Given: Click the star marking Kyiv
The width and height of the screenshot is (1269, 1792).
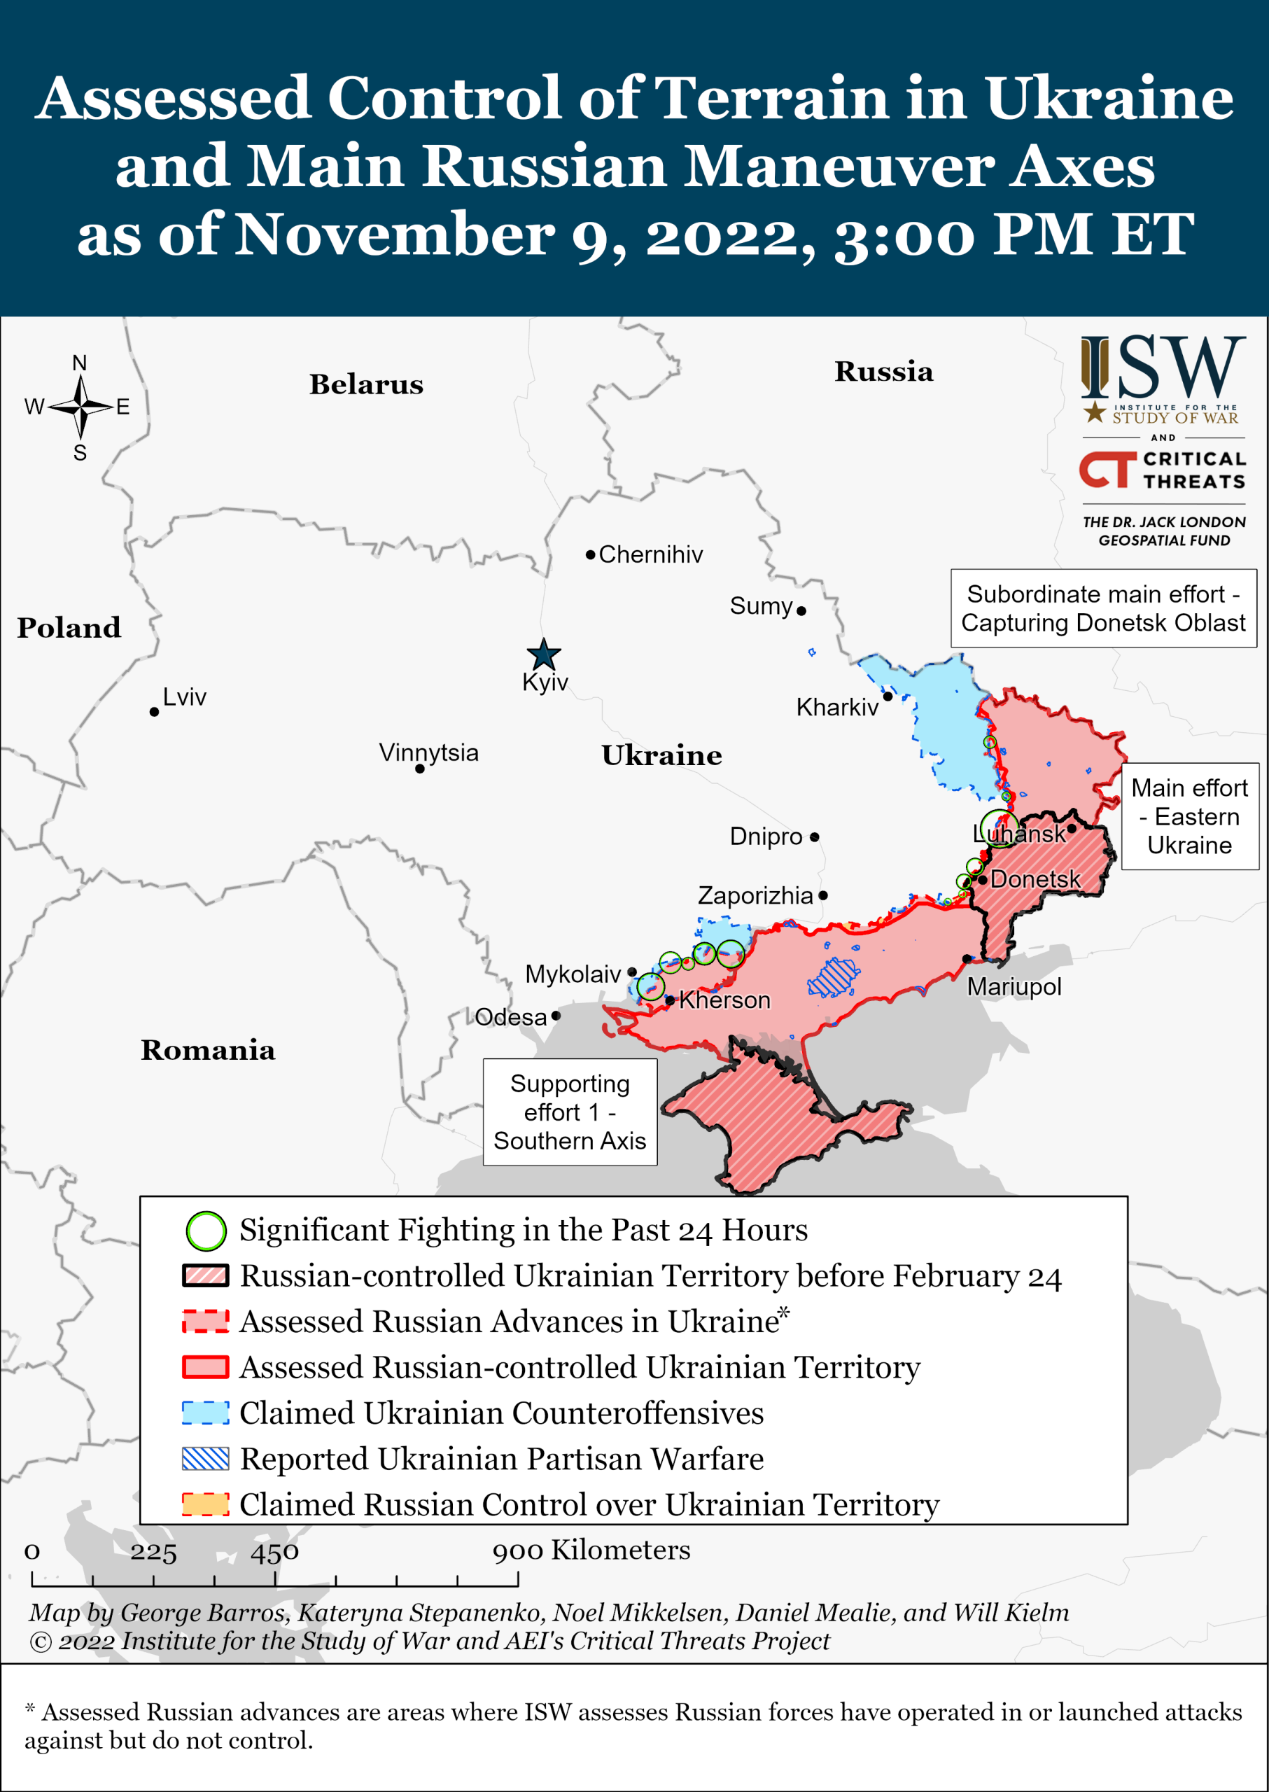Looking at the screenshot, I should click(x=543, y=654).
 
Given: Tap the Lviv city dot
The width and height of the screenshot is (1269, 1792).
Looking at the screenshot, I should click(x=155, y=712).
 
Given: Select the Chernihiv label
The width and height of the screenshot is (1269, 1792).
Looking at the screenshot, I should click(x=650, y=555).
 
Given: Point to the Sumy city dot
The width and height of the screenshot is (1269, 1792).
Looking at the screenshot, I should click(x=801, y=611).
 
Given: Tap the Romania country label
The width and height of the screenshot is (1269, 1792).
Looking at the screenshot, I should click(x=208, y=1050).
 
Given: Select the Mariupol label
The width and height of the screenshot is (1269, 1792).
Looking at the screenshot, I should click(x=1014, y=987).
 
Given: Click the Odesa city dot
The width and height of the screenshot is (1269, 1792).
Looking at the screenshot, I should click(x=556, y=1016).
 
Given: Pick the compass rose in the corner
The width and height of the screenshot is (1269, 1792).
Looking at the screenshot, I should click(x=80, y=407).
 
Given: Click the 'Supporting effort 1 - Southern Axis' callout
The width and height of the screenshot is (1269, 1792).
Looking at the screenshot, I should click(x=570, y=1112).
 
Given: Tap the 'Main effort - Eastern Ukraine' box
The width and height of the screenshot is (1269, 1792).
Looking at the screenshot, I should click(x=1189, y=817).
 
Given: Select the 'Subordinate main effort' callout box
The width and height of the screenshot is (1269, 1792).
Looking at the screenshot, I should click(x=1102, y=608).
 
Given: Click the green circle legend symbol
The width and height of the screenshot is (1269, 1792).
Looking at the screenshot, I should click(x=206, y=1231).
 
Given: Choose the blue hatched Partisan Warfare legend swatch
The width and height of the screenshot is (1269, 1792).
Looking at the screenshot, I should click(x=206, y=1459).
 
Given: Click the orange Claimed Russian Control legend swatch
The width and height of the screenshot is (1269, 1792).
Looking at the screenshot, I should click(x=206, y=1504).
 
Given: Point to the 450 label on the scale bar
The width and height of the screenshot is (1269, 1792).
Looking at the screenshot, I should click(x=274, y=1551).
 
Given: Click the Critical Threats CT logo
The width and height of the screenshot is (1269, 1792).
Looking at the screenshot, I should click(x=1107, y=470).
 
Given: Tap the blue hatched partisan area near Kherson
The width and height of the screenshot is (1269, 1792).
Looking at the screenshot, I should click(x=833, y=977).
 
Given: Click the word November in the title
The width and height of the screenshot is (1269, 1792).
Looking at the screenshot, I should click(x=395, y=234).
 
